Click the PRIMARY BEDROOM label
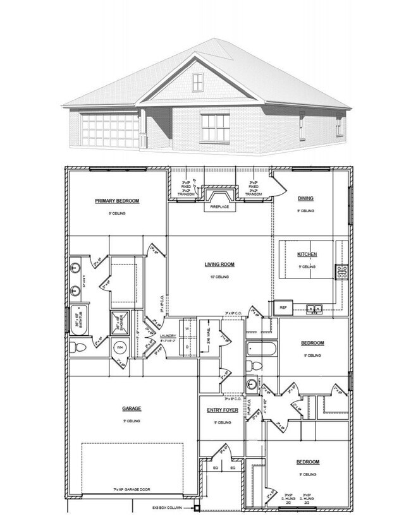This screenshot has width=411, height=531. tap(117, 201)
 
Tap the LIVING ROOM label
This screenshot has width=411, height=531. tap(219, 264)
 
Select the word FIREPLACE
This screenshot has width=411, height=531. tap(219, 206)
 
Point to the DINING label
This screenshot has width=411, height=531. tap(306, 198)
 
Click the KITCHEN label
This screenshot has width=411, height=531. tap(307, 254)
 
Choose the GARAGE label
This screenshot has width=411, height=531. tap(132, 409)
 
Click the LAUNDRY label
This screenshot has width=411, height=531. tap(168, 336)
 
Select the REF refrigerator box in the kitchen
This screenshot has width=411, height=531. tap(284, 307)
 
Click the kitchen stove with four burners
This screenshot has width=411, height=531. tap(342, 273)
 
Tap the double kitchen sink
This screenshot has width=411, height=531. tap(314, 309)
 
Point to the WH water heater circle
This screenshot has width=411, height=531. tap(120, 347)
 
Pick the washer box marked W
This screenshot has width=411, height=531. tap(188, 328)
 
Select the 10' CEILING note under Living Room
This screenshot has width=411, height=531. tap(219, 277)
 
